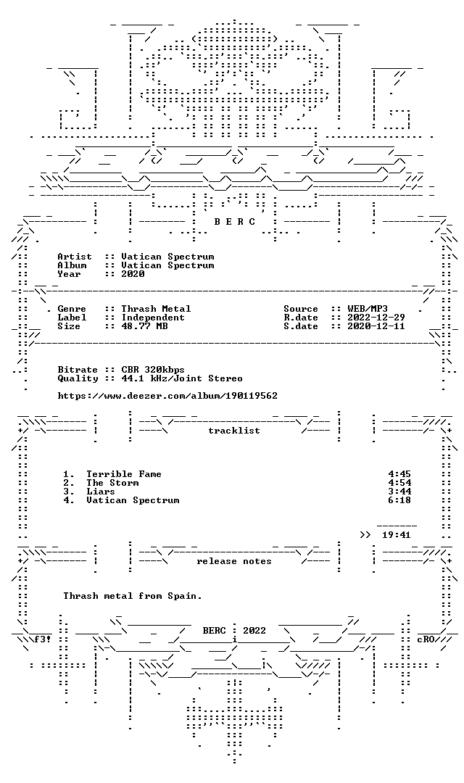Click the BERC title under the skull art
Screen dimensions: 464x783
pyautogui.click(x=235, y=222)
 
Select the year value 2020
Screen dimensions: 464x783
pyautogui.click(x=133, y=274)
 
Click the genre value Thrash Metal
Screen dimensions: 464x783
pyautogui.click(x=156, y=309)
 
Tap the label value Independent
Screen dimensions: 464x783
pyautogui.click(x=153, y=318)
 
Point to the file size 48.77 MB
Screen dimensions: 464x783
pyautogui.click(x=144, y=326)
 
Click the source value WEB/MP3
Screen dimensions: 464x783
pyautogui.click(x=368, y=309)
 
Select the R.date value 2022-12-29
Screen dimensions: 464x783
pyautogui.click(x=376, y=318)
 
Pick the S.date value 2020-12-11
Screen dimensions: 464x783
pyautogui.click(x=376, y=326)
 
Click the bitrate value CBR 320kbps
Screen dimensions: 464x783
pyautogui.click(x=153, y=370)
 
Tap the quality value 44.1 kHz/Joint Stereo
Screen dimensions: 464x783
pyautogui.click(x=182, y=378)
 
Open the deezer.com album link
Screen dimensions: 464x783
pyautogui.click(x=167, y=396)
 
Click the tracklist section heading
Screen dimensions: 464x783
pyautogui.click(x=234, y=431)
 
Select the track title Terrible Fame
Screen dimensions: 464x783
pyautogui.click(x=124, y=474)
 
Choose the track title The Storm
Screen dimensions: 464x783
pyautogui.click(x=112, y=483)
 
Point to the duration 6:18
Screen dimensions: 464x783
pyautogui.click(x=399, y=500)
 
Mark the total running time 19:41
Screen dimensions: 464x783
pyautogui.click(x=397, y=535)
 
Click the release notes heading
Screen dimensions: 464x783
pyautogui.click(x=234, y=561)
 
